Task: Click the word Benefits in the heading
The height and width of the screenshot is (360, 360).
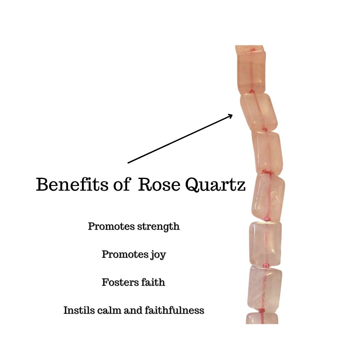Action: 72,185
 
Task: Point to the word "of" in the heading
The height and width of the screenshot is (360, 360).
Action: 121,185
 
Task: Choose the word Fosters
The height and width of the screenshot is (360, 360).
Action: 118,283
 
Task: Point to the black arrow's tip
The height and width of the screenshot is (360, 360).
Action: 232,115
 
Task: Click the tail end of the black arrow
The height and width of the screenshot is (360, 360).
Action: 128,163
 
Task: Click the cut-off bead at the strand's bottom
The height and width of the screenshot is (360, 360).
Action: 262,319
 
